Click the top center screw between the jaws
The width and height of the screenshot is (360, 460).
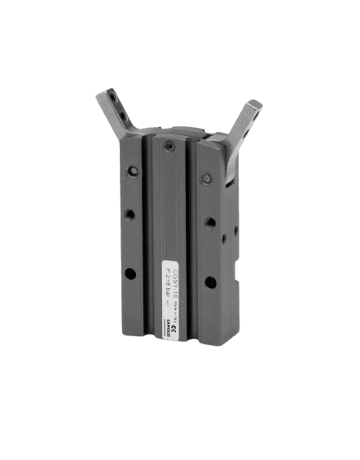[x=168, y=145]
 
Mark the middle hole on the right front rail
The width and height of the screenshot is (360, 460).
[x=210, y=221]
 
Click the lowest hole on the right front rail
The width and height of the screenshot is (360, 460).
[x=210, y=283]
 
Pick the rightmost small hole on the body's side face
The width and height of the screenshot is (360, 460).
[x=235, y=231]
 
